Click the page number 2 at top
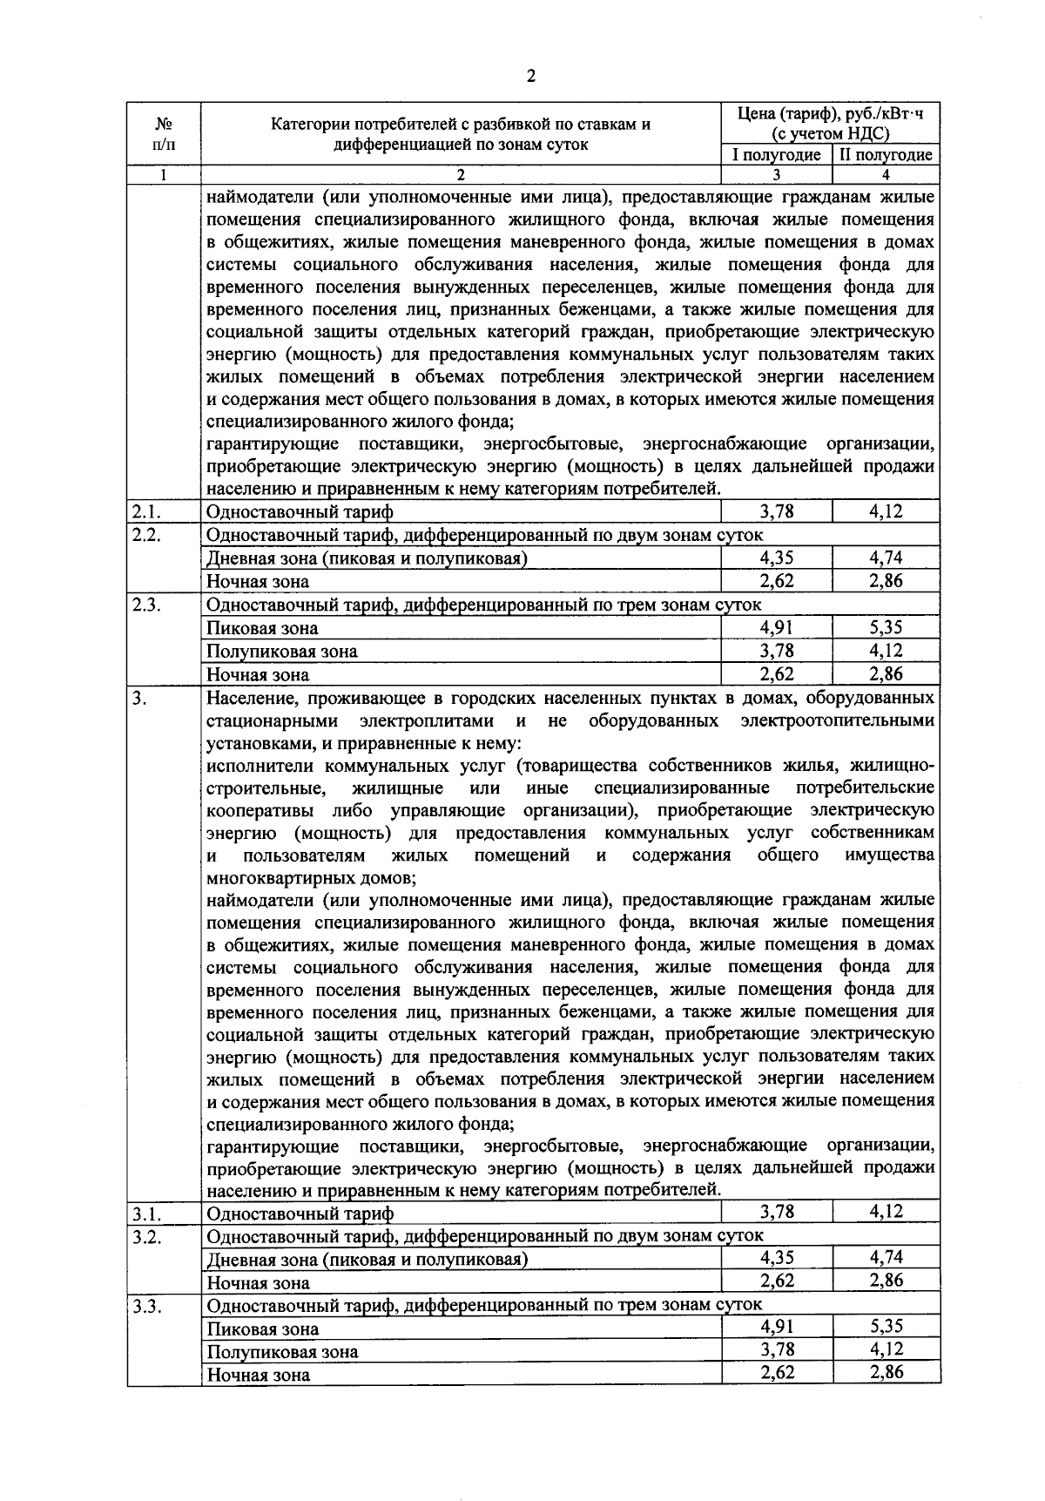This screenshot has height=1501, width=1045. tap(530, 77)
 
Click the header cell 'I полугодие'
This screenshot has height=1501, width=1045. tap(776, 155)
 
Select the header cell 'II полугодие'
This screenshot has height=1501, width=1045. tap(886, 155)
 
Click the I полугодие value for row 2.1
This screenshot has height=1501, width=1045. tap(776, 511)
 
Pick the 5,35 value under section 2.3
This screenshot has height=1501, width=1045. tap(886, 627)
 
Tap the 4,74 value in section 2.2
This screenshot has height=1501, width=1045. tap(886, 558)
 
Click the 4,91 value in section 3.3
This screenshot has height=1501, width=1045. tap(776, 1327)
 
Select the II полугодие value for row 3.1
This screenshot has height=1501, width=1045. tap(886, 1211)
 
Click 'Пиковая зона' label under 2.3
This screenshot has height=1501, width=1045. tap(262, 628)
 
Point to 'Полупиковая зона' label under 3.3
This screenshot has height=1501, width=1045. tap(282, 1352)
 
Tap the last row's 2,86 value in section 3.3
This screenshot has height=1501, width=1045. tap(886, 1372)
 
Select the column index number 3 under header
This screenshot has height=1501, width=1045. tap(776, 173)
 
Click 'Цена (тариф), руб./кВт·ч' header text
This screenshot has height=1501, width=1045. tap(830, 115)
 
